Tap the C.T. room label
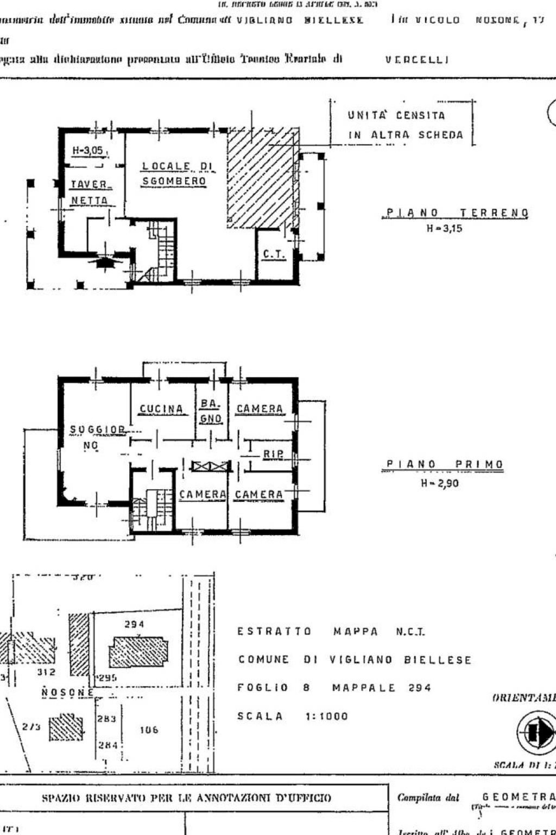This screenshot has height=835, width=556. click(x=274, y=254)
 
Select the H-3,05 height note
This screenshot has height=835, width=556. click(x=88, y=151)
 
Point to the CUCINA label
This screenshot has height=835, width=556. click(x=161, y=409)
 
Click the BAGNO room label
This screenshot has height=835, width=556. click(x=211, y=411)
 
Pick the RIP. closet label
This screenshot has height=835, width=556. click(x=273, y=454)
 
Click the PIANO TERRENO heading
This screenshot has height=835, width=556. click(x=456, y=213)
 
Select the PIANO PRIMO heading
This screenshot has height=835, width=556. click(x=445, y=464)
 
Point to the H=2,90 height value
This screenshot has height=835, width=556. click(x=440, y=483)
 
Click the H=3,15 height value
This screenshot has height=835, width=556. click(x=444, y=229)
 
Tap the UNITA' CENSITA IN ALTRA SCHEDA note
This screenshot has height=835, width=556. click(x=405, y=125)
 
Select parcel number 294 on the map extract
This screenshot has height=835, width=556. click(x=134, y=625)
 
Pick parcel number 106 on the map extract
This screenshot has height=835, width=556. click(x=149, y=730)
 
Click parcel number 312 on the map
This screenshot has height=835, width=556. click(x=46, y=672)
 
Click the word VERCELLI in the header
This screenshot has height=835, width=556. click(x=417, y=60)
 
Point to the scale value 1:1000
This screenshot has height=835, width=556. click(x=327, y=716)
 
